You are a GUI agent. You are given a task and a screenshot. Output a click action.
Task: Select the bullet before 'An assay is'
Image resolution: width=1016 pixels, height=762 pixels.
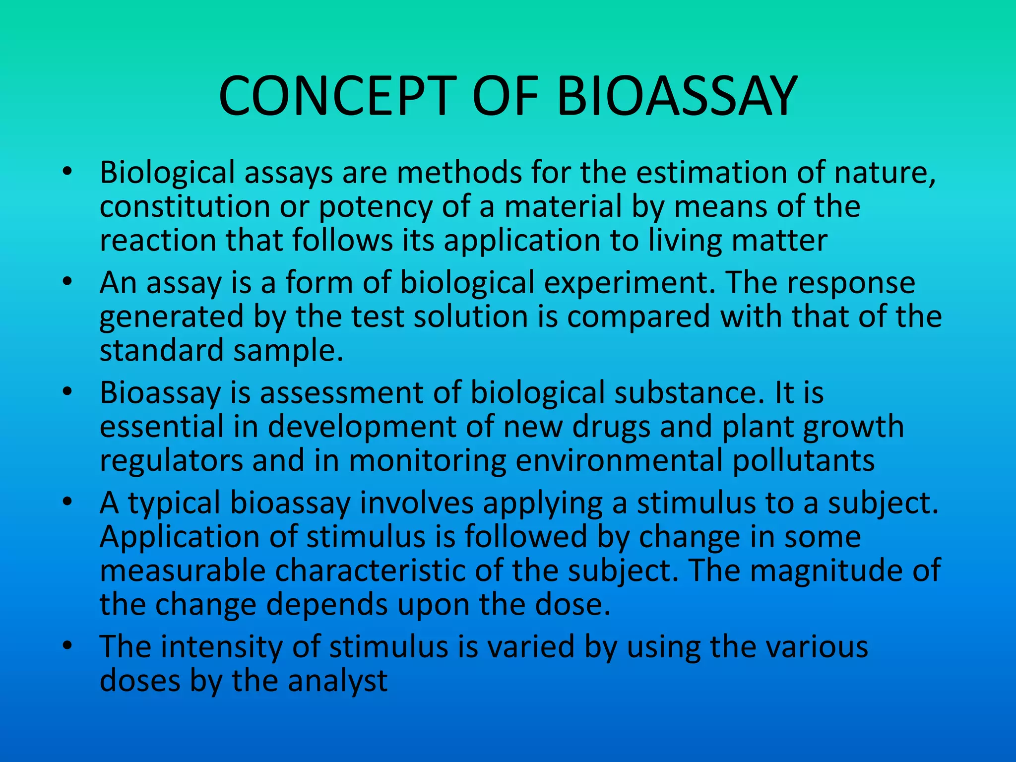point(68,282)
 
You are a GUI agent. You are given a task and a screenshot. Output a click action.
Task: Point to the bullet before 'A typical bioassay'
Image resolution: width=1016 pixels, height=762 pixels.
point(68,503)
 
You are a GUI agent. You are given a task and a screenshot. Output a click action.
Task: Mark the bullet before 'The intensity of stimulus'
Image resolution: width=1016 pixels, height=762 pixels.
point(68,646)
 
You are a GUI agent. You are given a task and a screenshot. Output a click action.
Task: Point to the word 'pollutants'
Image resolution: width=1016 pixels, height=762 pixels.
point(804,460)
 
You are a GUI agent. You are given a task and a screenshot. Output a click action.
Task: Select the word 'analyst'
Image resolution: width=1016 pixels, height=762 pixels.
point(338,681)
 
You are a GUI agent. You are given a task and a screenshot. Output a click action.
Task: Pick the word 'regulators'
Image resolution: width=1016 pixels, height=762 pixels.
point(172,460)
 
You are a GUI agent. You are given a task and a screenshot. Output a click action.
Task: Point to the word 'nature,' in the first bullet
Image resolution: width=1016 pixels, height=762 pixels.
point(885,173)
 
